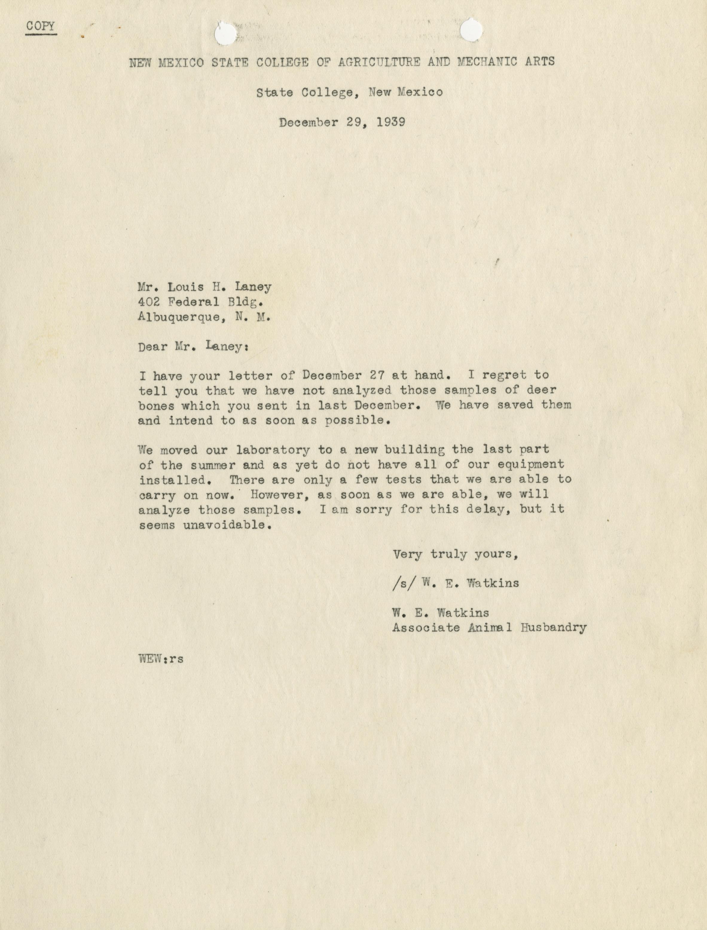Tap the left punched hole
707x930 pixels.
click(x=226, y=34)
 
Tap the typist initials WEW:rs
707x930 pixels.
click(x=161, y=658)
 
